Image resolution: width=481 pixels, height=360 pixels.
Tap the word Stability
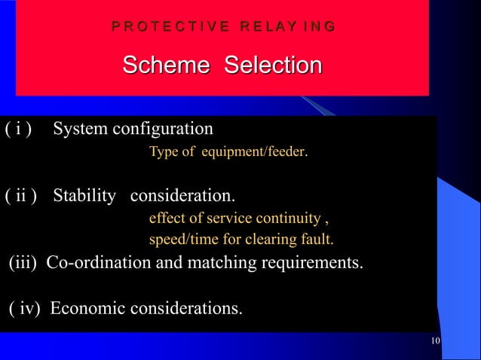coord(85,197)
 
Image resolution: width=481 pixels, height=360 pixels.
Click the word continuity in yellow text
coord(290,219)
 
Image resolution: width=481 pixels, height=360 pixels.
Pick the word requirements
coord(311,264)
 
